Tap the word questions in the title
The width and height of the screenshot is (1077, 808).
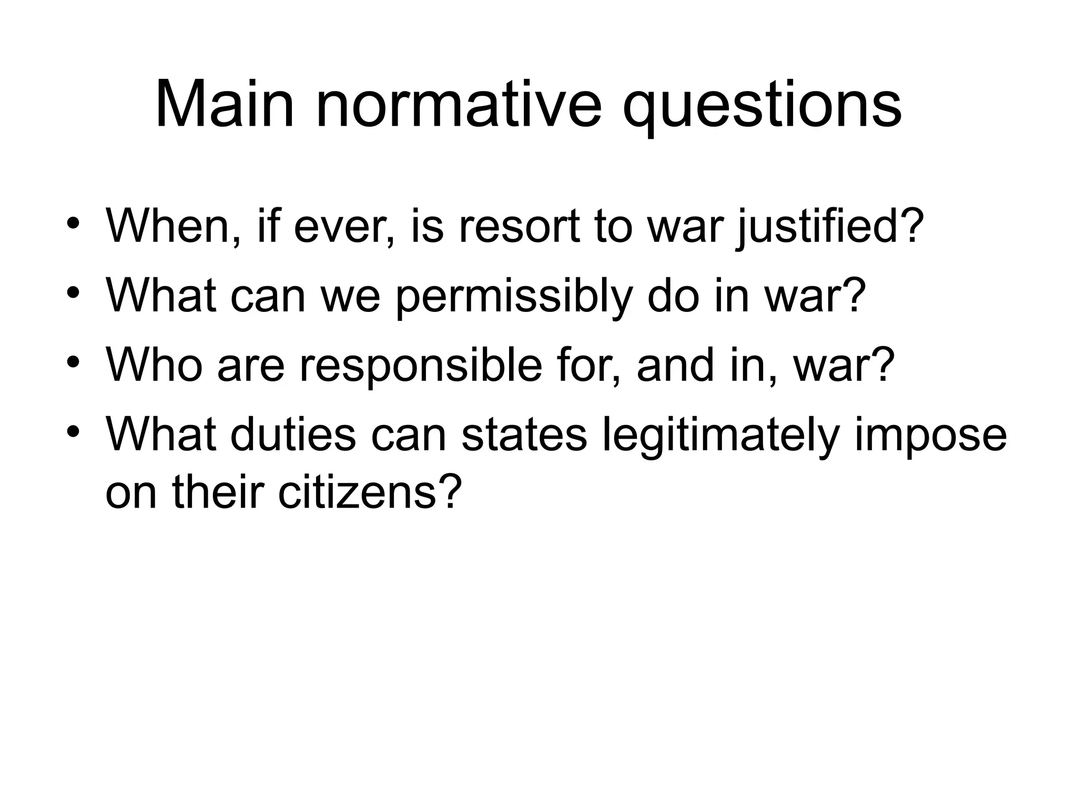(x=762, y=108)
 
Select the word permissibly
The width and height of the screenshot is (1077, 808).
(x=513, y=298)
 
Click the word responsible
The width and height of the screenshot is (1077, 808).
(x=421, y=366)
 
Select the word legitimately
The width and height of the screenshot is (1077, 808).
(x=720, y=437)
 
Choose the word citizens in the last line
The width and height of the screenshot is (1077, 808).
(x=358, y=491)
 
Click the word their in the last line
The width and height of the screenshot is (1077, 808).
(x=218, y=491)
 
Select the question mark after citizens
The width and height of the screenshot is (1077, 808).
(x=450, y=491)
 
